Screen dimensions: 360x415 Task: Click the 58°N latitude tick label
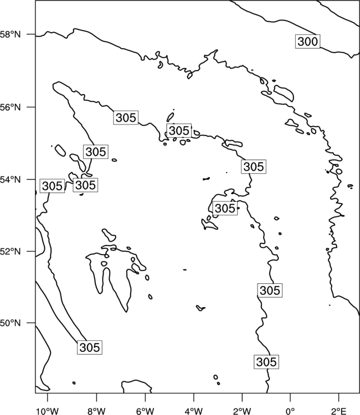click(11, 34)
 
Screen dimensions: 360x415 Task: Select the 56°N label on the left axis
click(11, 107)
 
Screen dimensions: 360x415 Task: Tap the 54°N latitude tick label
click(11, 179)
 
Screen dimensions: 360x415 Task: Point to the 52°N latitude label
click(11, 251)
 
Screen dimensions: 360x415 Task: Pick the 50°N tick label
click(11, 323)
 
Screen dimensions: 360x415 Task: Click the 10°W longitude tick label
click(48, 411)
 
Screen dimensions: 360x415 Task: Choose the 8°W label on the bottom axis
click(96, 411)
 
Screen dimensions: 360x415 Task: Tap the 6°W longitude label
click(145, 411)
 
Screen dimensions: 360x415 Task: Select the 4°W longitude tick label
click(194, 411)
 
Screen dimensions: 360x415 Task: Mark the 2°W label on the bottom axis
click(242, 411)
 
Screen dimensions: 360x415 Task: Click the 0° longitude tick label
click(291, 411)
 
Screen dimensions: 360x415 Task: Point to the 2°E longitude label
click(339, 411)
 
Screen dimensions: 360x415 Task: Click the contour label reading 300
click(307, 41)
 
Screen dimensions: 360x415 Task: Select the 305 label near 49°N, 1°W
click(266, 361)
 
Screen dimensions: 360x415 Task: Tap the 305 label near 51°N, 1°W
click(270, 290)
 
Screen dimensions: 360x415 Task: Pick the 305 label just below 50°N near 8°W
click(90, 347)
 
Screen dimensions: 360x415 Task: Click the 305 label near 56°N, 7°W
click(126, 117)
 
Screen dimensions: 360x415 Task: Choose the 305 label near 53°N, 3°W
click(225, 208)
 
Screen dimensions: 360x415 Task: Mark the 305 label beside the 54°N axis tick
click(52, 186)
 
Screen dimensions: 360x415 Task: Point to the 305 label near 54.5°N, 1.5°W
click(254, 167)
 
